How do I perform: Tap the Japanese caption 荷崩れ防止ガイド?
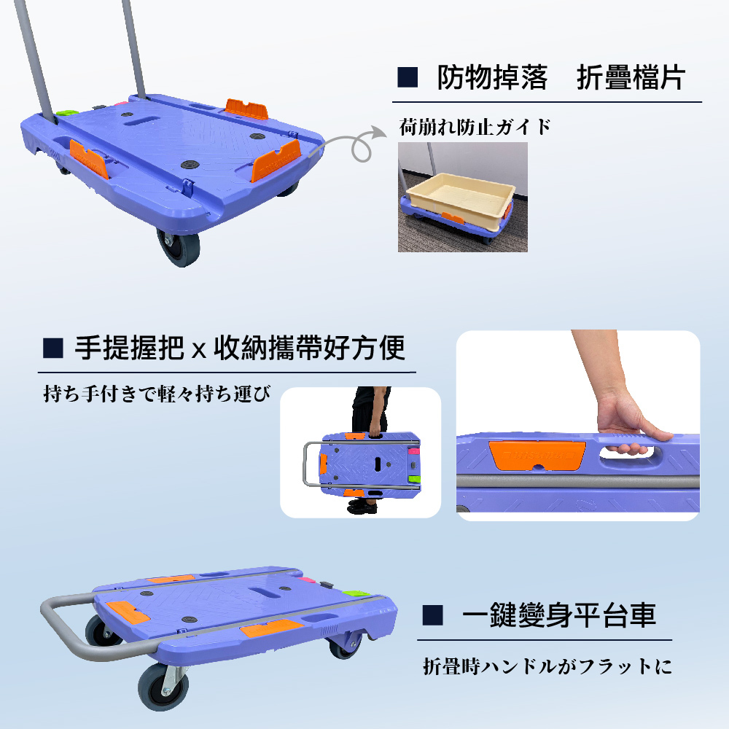475,128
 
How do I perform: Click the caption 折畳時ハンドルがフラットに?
547,667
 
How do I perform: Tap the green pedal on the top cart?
68,115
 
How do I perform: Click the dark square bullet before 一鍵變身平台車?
433,615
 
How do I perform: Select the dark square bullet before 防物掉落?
408,77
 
